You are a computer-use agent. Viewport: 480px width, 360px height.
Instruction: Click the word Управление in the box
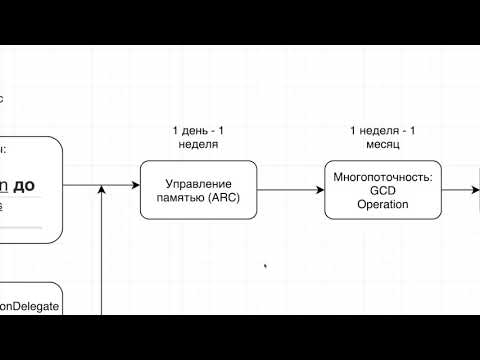pyautogui.click(x=199, y=184)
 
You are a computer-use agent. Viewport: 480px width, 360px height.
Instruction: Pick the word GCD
pyautogui.click(x=369, y=190)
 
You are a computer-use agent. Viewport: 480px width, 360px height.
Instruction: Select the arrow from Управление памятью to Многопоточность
pyautogui.click(x=290, y=186)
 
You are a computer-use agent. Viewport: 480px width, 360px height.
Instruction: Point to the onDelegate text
pyautogui.click(x=30, y=307)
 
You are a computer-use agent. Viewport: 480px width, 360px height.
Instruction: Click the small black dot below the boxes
pyautogui.click(x=265, y=266)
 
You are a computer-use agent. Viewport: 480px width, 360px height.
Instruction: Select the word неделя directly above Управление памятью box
pyautogui.click(x=199, y=144)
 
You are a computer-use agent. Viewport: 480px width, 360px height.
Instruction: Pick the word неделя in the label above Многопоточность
pyautogui.click(x=382, y=131)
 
